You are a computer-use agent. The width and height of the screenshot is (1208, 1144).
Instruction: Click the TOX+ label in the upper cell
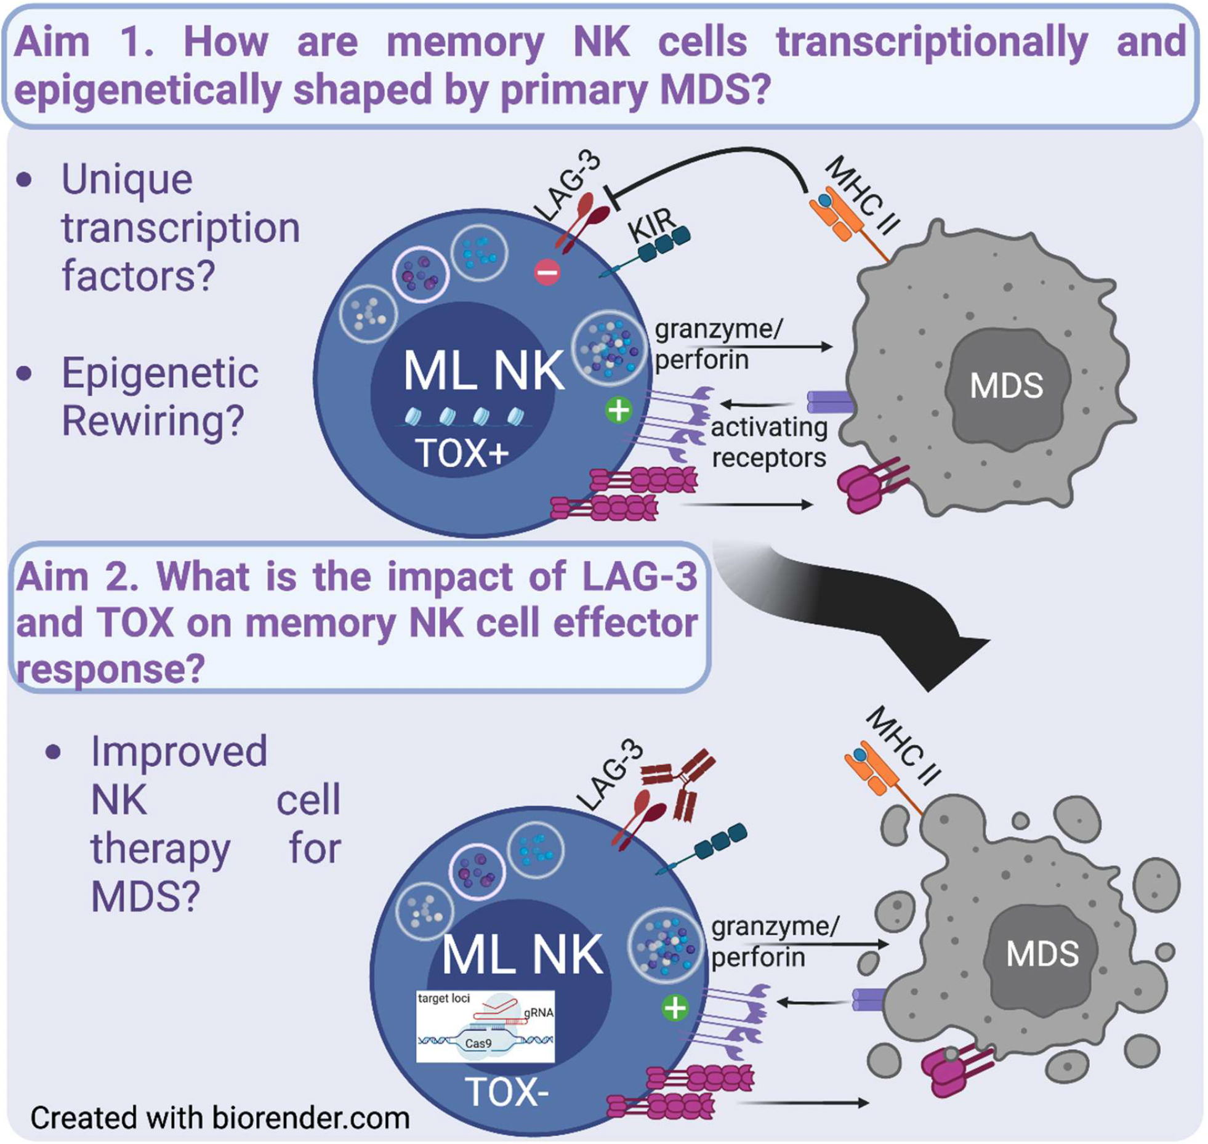click(x=462, y=454)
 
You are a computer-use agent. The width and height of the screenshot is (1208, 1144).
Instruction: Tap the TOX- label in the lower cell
click(x=507, y=1092)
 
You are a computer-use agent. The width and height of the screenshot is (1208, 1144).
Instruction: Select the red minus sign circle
click(x=547, y=272)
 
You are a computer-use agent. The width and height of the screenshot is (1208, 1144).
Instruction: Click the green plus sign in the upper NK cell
click(x=619, y=410)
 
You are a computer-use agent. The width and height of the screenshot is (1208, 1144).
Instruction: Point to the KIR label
click(x=651, y=225)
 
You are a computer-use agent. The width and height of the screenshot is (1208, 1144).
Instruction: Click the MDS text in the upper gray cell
click(x=1006, y=386)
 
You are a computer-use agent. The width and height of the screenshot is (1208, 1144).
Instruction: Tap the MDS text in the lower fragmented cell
click(x=1042, y=954)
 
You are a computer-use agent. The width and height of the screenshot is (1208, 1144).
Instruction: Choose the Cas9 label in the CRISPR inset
click(x=478, y=1043)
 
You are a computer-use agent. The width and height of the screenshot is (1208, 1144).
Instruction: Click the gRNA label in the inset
click(x=539, y=1013)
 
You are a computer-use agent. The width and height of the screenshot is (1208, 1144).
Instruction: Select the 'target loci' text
click(x=443, y=998)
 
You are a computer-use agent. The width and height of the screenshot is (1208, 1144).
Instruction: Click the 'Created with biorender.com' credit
click(x=220, y=1118)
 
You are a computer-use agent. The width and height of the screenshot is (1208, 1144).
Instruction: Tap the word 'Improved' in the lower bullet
click(x=179, y=751)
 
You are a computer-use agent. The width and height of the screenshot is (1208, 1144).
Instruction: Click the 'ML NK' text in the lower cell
click(x=522, y=956)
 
